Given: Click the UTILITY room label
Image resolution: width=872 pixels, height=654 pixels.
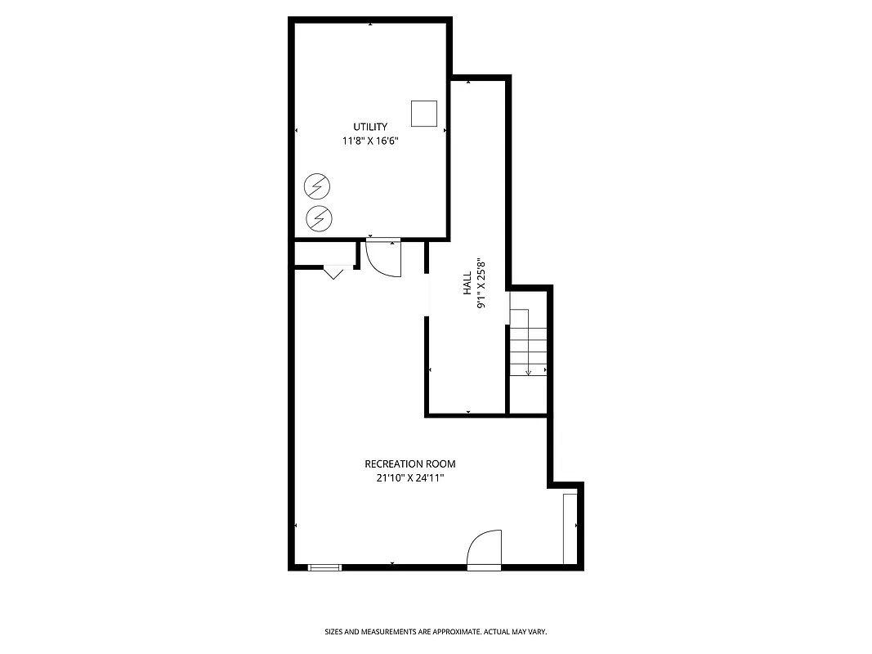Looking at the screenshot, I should click(370, 127).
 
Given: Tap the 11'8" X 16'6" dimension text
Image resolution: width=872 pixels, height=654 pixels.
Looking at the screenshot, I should click(370, 141).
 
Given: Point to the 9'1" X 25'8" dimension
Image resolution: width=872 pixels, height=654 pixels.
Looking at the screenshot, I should click(481, 284).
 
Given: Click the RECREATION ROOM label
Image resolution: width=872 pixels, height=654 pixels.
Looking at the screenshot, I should click(410, 464).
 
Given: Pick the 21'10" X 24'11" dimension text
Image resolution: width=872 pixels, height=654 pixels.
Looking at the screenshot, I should click(410, 478).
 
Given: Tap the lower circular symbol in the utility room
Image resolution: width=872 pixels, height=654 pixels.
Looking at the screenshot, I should click(317, 217).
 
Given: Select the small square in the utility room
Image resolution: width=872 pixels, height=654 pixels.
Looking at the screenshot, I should click(423, 114).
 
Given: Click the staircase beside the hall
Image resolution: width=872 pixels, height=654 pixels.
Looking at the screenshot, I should click(528, 343).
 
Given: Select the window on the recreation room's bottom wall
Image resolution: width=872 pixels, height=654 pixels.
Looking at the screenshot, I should click(324, 567).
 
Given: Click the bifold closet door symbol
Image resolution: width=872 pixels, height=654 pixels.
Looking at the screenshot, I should click(333, 271).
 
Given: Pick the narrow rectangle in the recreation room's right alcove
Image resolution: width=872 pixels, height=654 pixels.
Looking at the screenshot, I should click(570, 528).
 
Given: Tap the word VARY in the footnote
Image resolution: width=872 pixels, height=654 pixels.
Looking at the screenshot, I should click(537, 632).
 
